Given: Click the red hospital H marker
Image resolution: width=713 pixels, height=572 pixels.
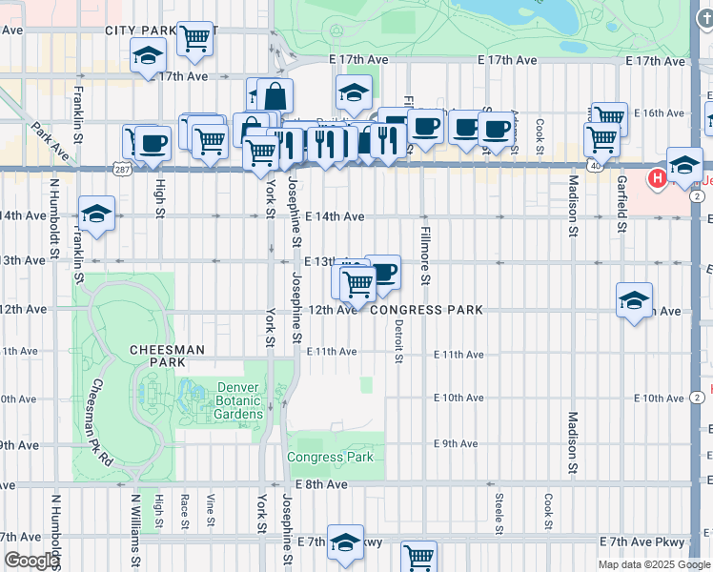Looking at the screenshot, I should pyautogui.click(x=657, y=177).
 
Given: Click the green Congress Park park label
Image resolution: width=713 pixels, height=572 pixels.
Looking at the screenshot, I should pyautogui.click(x=329, y=457).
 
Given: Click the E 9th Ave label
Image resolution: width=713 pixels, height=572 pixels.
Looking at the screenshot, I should pyautogui.click(x=455, y=443).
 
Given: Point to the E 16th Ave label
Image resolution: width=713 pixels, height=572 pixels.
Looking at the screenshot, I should pyautogui.click(x=658, y=112).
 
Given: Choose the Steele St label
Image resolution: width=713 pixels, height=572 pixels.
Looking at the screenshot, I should pyautogui.click(x=499, y=513).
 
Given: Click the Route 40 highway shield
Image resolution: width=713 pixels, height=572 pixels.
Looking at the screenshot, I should pyautogui.click(x=594, y=166).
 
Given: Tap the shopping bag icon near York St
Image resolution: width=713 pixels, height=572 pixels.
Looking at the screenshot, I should pyautogui.click(x=275, y=95).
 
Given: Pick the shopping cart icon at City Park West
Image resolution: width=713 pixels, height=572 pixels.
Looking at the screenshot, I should pyautogui.click(x=195, y=38).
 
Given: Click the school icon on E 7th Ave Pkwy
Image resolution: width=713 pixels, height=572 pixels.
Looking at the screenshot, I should pyautogui.click(x=345, y=541).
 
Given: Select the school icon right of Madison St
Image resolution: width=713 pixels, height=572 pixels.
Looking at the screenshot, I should pyautogui.click(x=634, y=300).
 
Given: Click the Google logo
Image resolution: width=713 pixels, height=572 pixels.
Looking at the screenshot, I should pyautogui.click(x=31, y=561).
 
